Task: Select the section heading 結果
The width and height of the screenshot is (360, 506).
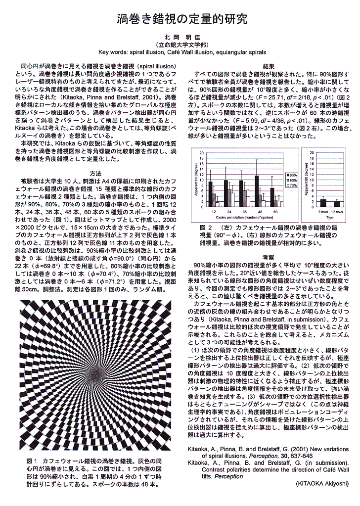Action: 269,66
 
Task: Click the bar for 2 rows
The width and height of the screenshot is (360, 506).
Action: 323,203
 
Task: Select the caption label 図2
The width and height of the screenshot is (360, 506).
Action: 207,227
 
